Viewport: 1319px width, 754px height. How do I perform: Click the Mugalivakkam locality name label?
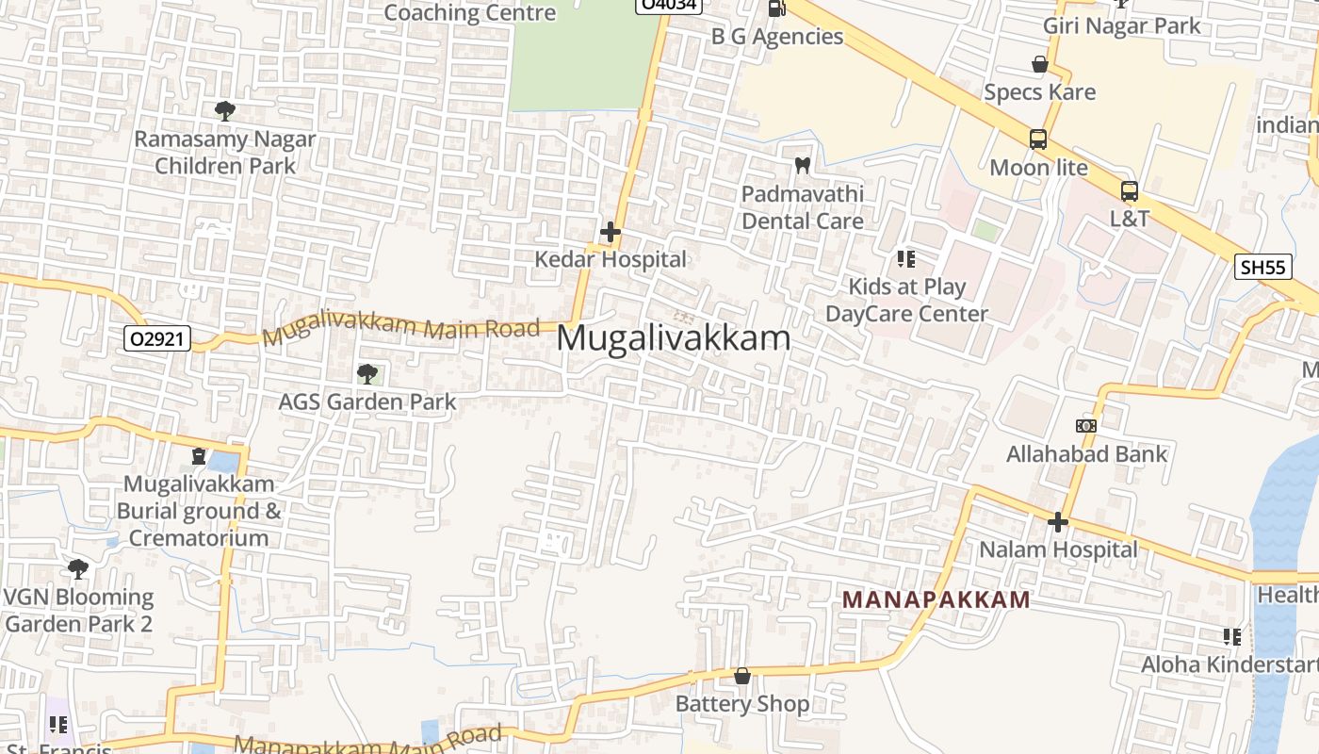pyautogui.click(x=674, y=337)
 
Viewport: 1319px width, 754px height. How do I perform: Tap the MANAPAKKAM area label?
pyautogui.click(x=936, y=599)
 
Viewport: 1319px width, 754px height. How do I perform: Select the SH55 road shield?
pyautogui.click(x=1262, y=267)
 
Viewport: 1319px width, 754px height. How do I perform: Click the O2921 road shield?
pyautogui.click(x=156, y=338)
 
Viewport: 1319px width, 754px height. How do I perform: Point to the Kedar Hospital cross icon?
pyautogui.click(x=611, y=231)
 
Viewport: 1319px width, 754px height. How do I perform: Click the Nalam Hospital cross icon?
pyautogui.click(x=1058, y=521)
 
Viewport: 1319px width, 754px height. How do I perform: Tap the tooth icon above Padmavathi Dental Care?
pyautogui.click(x=802, y=165)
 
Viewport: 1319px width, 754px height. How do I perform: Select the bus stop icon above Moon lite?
pyautogui.click(x=1038, y=139)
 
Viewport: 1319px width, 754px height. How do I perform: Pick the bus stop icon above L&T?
pyautogui.click(x=1129, y=191)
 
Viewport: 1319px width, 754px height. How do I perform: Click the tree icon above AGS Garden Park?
pyautogui.click(x=367, y=374)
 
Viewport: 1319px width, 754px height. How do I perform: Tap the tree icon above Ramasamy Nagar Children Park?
pyautogui.click(x=224, y=111)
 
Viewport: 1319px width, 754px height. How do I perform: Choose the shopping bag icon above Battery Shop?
pyautogui.click(x=742, y=676)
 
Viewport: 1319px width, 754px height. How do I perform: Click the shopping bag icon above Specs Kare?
pyautogui.click(x=1040, y=64)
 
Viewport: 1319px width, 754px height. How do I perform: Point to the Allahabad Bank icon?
pyautogui.click(x=1085, y=426)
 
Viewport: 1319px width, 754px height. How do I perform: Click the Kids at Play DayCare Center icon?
pyautogui.click(x=906, y=258)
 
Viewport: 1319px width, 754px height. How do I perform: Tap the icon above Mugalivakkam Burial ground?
pyautogui.click(x=199, y=456)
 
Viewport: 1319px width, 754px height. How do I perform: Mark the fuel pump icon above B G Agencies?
pyautogui.click(x=776, y=8)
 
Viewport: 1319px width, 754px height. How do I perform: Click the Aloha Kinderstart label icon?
pyautogui.click(x=1231, y=637)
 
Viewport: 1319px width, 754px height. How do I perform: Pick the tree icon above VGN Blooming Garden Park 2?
pyautogui.click(x=78, y=569)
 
